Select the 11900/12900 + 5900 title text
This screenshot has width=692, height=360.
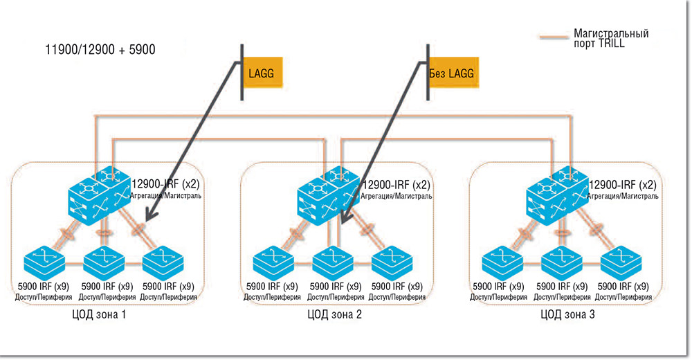[x=100, y=50]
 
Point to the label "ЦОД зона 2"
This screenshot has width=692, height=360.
[x=334, y=314]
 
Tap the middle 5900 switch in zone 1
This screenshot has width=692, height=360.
[x=104, y=261]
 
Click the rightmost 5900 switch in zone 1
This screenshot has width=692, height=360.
[x=163, y=261]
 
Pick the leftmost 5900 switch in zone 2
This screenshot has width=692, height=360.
[x=272, y=261]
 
